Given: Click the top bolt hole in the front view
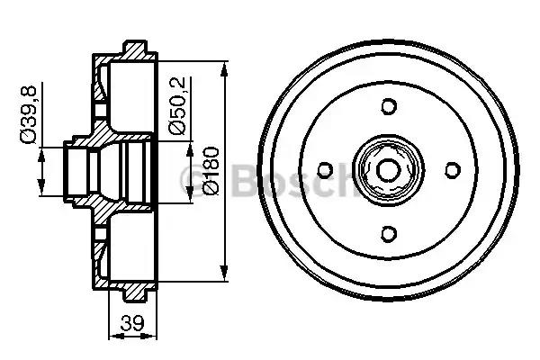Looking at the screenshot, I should click(389, 106).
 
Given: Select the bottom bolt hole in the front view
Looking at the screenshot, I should click(389, 234).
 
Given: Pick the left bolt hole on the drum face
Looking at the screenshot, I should click(326, 170).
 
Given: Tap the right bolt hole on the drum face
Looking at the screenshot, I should click(453, 170).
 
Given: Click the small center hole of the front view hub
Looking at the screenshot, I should click(389, 170).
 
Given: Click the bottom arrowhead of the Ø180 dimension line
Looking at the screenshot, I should click(222, 275).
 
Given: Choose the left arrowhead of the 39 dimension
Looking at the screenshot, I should click(112, 337).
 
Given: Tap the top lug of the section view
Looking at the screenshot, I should click(134, 46).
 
